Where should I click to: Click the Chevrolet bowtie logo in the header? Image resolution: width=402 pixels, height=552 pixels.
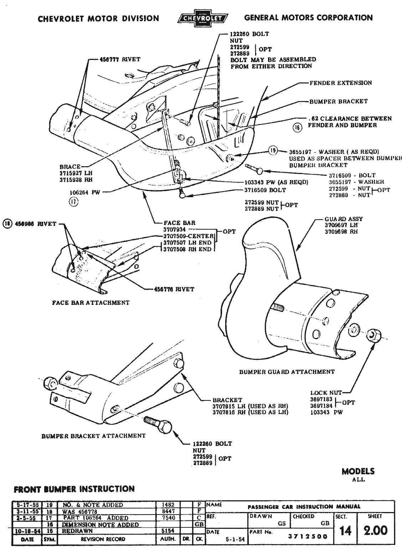(x=203, y=18)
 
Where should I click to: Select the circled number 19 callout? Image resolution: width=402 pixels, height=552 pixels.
(x=273, y=151)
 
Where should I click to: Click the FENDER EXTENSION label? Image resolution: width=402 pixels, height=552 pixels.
(x=340, y=83)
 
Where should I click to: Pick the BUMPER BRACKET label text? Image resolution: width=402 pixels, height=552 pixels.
(x=338, y=102)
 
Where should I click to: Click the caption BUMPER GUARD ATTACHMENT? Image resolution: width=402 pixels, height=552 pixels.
(x=287, y=372)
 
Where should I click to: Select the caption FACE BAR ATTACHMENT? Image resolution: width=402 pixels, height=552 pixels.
(x=91, y=303)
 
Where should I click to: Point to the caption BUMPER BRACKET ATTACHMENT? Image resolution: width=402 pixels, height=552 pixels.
(x=93, y=436)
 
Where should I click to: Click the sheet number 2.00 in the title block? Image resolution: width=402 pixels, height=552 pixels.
(x=375, y=530)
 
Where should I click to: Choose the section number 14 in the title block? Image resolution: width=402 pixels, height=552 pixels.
(x=345, y=531)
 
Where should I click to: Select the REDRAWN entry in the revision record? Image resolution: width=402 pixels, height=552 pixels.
(x=77, y=531)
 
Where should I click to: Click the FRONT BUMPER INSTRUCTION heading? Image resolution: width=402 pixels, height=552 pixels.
(x=74, y=489)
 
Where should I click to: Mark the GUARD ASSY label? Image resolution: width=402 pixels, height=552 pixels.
(x=339, y=219)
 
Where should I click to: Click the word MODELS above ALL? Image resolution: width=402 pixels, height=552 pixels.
(x=358, y=471)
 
